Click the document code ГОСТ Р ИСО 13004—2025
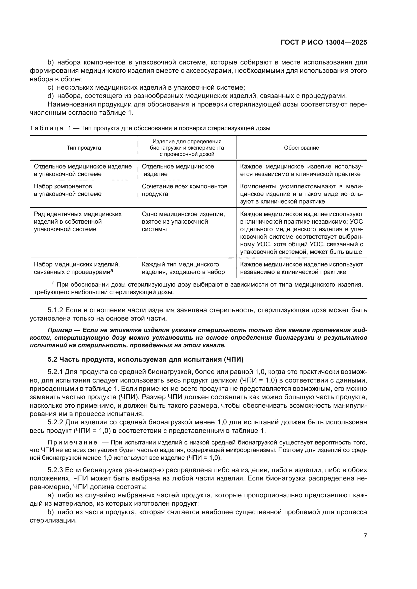[x=324, y=43]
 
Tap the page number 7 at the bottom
[x=365, y=535]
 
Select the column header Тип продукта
[x=84, y=148]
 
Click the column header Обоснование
[x=301, y=148]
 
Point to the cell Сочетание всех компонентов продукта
[x=184, y=190]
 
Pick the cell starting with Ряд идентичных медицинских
[x=78, y=221]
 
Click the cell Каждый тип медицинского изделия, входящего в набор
[x=183, y=268]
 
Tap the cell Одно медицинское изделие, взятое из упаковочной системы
[x=183, y=221]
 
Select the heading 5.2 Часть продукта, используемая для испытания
[x=145, y=359]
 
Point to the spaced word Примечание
[x=72, y=442]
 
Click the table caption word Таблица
[x=46, y=128]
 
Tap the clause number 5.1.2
[x=55, y=310]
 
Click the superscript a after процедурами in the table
[x=112, y=270]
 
